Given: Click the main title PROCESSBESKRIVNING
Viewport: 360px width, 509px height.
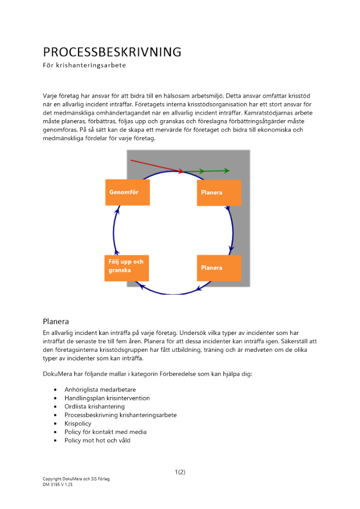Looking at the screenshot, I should (x=112, y=52).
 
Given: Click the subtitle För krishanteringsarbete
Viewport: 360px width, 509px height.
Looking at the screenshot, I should (x=84, y=66).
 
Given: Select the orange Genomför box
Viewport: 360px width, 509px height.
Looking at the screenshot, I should (x=127, y=192).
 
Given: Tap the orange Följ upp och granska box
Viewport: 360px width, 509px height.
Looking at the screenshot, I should (x=127, y=266).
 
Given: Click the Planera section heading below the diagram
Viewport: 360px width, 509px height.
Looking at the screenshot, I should (x=56, y=321).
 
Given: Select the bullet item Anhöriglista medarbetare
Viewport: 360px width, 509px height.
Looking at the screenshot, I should (x=100, y=390).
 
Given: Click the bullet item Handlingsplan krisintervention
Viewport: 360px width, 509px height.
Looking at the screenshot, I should (x=107, y=398).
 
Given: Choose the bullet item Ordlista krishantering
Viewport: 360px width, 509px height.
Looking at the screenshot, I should (x=94, y=407).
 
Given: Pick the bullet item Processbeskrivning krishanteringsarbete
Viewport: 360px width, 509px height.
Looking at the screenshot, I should (x=120, y=415).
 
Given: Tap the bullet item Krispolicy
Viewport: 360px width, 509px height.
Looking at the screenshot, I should (x=78, y=423).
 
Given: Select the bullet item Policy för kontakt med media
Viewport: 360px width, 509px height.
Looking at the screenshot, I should (x=105, y=432).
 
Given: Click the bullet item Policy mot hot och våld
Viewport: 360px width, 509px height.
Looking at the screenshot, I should (x=97, y=440).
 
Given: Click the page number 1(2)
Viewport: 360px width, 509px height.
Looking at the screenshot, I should (x=180, y=472).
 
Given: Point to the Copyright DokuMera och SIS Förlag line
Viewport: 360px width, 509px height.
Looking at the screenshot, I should (x=76, y=479).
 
